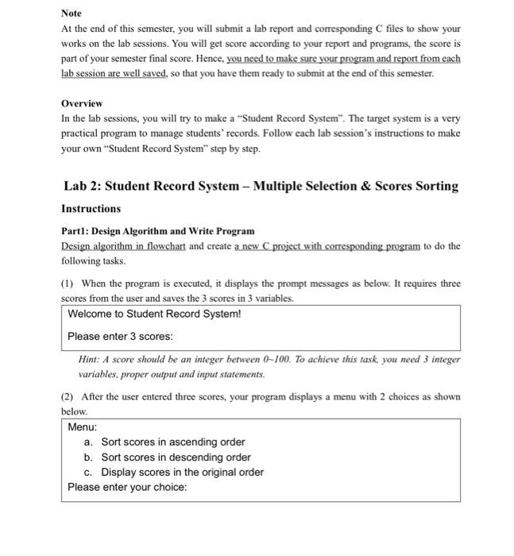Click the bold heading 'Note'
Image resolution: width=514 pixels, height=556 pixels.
[x=71, y=14]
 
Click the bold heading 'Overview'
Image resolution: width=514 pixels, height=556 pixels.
[x=82, y=104]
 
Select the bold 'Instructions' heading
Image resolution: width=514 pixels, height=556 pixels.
[x=91, y=209]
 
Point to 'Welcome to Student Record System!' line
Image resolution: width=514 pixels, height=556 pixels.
[x=154, y=314]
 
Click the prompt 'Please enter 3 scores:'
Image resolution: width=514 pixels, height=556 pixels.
[x=120, y=336]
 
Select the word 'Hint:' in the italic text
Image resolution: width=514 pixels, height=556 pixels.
[x=90, y=359]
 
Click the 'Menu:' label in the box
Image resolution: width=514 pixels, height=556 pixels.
[x=83, y=427]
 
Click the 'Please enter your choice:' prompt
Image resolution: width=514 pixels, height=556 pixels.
[x=127, y=487]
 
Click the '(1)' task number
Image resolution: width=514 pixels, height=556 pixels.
[x=68, y=284]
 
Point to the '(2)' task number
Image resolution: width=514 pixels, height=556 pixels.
[x=68, y=396]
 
